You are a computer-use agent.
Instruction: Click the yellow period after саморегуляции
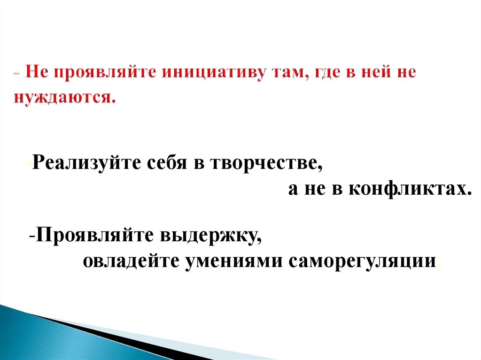(439, 266)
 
